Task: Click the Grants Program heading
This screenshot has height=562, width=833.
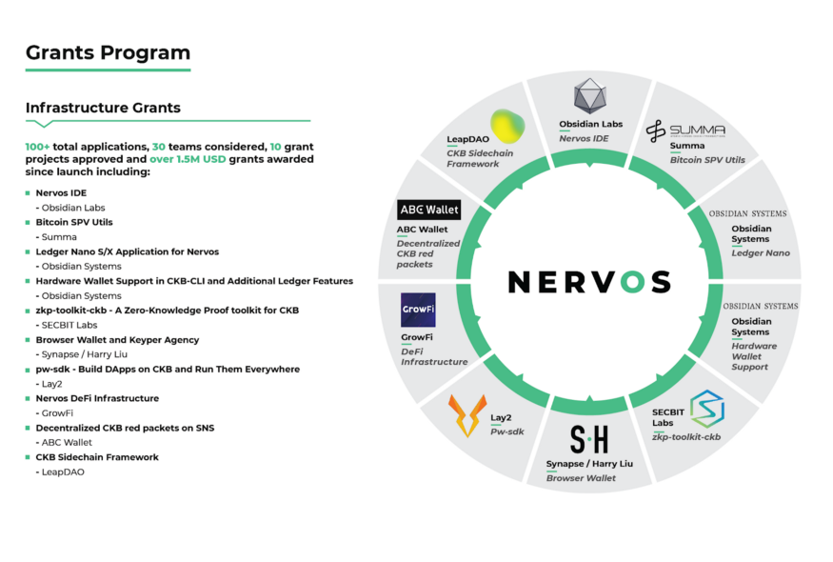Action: coord(108,52)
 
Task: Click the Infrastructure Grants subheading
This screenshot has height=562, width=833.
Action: coord(103,108)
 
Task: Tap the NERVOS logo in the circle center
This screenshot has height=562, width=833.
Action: coord(588,281)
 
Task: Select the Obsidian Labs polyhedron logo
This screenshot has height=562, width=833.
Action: coord(590,96)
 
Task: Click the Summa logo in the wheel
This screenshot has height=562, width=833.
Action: coord(684,130)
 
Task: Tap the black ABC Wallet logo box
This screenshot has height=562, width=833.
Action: coord(428,210)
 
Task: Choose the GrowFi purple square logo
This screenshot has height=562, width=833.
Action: coord(418,310)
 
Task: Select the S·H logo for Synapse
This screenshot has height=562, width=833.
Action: coord(588,439)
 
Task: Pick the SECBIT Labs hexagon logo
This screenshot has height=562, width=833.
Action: coord(706,408)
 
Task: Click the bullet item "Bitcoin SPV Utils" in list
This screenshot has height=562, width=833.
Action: coord(74,222)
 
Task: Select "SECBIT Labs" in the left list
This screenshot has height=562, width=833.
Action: coord(69,325)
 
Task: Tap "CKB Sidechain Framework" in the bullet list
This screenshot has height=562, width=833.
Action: coord(97,457)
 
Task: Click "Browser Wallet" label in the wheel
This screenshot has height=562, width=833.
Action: coord(581,478)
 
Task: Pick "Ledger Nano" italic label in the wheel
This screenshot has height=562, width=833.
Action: coord(761,252)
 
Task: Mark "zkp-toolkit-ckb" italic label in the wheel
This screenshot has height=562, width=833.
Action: coord(685,436)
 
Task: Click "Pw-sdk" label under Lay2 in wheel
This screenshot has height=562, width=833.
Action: coord(507,432)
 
